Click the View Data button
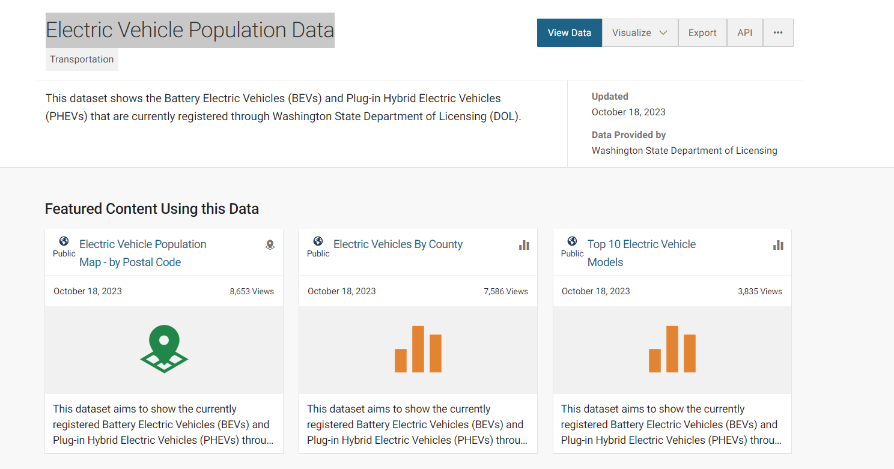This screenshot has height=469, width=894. [x=569, y=33]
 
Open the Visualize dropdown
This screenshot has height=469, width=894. [x=640, y=33]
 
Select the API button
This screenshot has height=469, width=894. [x=744, y=33]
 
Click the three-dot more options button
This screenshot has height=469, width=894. [x=778, y=33]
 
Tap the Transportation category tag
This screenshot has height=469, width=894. [x=82, y=59]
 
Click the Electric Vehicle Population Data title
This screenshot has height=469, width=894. [x=190, y=30]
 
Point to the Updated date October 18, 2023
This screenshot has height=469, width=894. [x=628, y=112]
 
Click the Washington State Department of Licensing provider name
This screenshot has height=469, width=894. [x=684, y=151]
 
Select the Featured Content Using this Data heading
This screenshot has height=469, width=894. [x=152, y=209]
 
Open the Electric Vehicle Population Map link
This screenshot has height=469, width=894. [x=142, y=253]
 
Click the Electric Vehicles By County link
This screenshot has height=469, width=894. [x=398, y=244]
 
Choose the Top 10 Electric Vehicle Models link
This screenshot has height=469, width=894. [x=641, y=253]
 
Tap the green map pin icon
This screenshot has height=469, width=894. [x=164, y=348]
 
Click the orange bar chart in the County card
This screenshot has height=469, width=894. [x=418, y=349]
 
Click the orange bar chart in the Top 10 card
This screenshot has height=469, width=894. [x=672, y=349]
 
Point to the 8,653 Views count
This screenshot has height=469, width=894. [x=252, y=291]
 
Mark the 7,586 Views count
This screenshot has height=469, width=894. [x=506, y=291]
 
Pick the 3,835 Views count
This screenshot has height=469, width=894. [x=760, y=291]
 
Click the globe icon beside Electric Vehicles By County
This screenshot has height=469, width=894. [x=318, y=241]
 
